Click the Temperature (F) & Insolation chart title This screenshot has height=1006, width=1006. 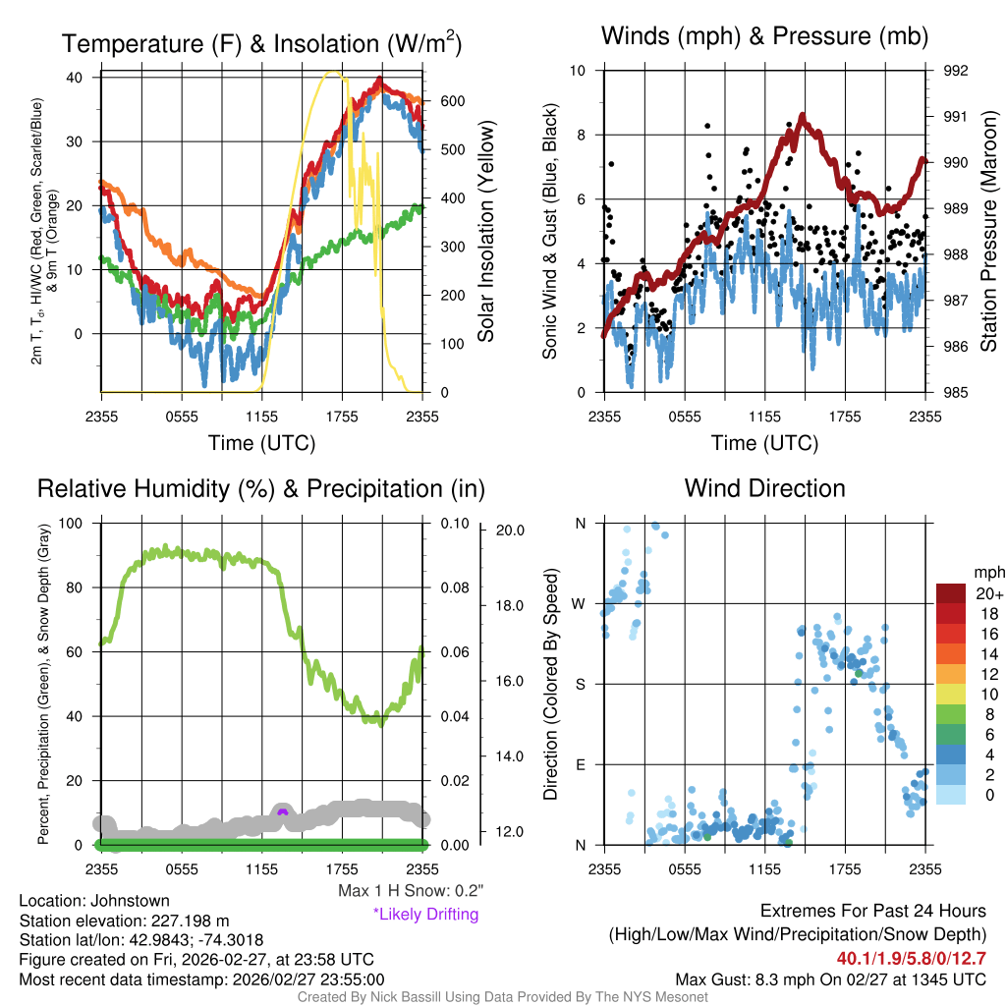tap(262, 44)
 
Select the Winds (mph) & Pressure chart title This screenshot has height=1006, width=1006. tap(764, 36)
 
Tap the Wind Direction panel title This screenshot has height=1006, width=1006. tap(764, 488)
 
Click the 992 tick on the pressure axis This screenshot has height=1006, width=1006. tap(956, 71)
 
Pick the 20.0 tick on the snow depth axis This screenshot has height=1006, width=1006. tap(512, 531)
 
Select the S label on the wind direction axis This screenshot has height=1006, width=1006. tap(581, 684)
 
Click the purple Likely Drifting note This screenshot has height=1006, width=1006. tap(425, 915)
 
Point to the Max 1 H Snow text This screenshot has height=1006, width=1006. tap(411, 891)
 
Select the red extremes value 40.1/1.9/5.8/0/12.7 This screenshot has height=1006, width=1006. tap(911, 958)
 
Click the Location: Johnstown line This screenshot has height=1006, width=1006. tap(94, 901)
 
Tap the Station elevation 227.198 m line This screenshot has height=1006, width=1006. tap(124, 921)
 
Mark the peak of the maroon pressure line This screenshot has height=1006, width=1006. tap(803, 117)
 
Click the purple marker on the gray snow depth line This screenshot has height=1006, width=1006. tap(283, 812)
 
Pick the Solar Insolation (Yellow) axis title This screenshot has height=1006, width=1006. tap(486, 232)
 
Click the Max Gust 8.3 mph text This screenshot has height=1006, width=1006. tap(830, 979)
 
